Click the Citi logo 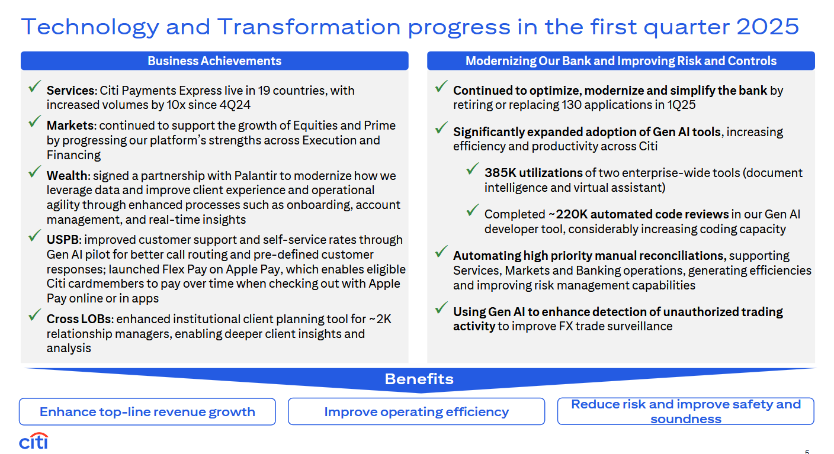34,441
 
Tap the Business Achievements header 214,60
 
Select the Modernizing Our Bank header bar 621,60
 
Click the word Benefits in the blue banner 419,379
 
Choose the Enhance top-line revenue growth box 147,411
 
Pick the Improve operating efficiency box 416,411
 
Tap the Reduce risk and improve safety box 686,411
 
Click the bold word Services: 72,91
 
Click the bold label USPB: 64,240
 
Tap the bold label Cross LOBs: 80,319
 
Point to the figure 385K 501,173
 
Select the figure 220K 572,214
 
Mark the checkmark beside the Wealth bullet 34,171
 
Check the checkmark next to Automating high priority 441,252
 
